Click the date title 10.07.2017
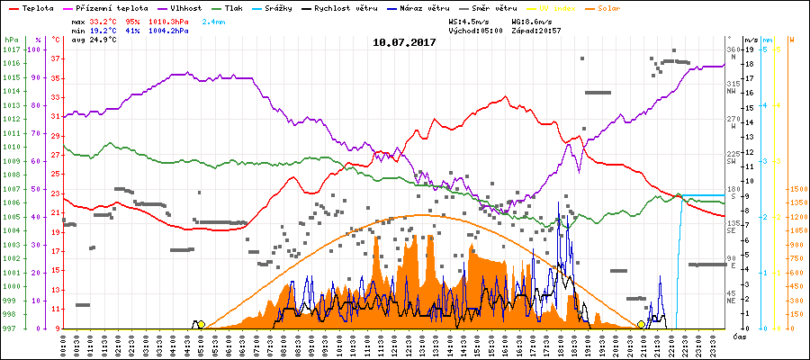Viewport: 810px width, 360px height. click(x=404, y=42)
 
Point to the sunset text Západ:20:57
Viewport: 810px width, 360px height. click(x=536, y=30)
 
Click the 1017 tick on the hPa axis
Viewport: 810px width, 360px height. click(x=11, y=49)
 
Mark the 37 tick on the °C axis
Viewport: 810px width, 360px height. click(x=56, y=58)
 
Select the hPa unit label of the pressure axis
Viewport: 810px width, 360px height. click(x=11, y=40)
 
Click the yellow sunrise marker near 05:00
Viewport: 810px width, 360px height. click(x=201, y=324)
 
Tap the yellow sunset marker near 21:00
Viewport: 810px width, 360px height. click(x=642, y=324)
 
